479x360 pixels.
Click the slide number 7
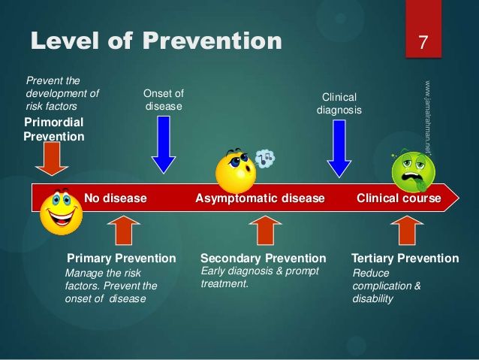pos(423,42)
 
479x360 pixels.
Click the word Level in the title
pos(65,41)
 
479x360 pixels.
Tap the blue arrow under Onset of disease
pos(164,144)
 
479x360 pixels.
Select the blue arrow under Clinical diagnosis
pos(339,149)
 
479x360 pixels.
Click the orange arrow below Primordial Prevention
pos(52,159)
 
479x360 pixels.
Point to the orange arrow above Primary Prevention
pos(124,230)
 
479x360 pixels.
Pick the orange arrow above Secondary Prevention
pos(265,230)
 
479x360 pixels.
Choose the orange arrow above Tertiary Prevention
pos(407,230)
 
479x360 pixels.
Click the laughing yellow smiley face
pos(61,212)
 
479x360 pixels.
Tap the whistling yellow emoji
pos(236,171)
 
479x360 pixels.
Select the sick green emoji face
pos(414,171)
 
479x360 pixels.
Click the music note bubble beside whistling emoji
pos(265,159)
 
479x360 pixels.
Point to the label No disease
pos(116,198)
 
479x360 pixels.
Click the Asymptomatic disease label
pos(260,198)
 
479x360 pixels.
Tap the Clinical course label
pos(399,198)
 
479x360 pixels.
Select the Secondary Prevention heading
pos(264,259)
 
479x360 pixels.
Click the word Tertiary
pos(372,259)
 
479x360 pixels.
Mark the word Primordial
pos(54,123)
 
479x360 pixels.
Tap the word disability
pos(372,298)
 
